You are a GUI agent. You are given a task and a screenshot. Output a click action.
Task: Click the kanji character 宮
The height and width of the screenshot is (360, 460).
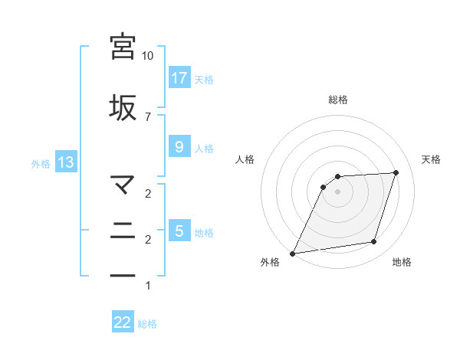(123, 46)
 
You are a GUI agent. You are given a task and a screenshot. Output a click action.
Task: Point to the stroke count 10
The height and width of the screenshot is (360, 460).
(148, 56)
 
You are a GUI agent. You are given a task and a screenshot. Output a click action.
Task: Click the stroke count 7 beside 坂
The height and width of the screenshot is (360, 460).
(148, 116)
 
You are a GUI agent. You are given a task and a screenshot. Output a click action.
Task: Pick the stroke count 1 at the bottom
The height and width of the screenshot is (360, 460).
(148, 286)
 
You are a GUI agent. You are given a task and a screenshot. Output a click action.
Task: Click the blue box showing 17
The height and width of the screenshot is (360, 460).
(179, 78)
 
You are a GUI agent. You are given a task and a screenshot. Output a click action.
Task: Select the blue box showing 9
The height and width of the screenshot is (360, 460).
(179, 148)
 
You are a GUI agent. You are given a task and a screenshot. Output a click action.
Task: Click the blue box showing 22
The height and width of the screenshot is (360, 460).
(123, 323)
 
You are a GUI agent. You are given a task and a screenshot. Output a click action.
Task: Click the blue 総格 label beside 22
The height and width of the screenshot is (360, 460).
(147, 324)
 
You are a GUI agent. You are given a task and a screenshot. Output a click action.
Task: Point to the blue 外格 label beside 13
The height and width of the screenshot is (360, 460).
(41, 163)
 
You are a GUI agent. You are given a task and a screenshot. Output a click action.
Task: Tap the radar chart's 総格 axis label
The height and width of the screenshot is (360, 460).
(338, 100)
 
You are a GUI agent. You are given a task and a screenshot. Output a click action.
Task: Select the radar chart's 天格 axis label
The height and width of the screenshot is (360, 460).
(431, 159)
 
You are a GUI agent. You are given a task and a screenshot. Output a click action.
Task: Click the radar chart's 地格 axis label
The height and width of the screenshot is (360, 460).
(402, 263)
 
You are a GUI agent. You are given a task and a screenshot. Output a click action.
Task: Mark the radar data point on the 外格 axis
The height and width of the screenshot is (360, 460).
(293, 254)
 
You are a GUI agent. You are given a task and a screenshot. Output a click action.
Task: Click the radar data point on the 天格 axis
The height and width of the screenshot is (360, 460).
(396, 172)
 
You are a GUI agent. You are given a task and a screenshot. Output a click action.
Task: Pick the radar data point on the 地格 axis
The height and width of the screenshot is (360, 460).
(374, 242)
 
